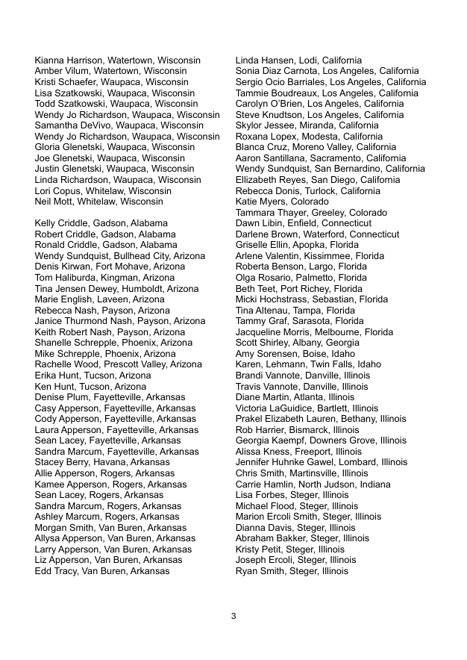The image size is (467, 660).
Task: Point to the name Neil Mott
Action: tap(52, 202)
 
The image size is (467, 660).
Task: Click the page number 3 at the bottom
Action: tap(233, 616)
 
